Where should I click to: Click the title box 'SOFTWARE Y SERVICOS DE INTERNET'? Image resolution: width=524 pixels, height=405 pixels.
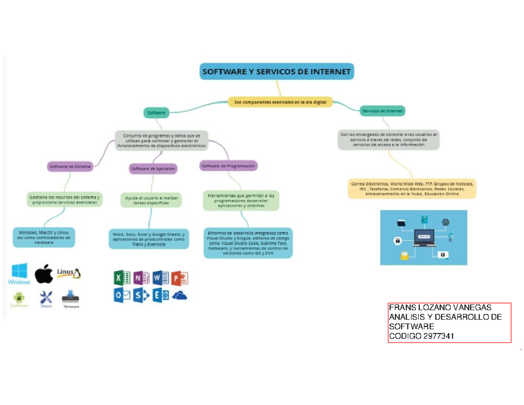click(x=277, y=72)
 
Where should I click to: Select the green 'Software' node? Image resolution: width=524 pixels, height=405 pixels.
click(x=156, y=113)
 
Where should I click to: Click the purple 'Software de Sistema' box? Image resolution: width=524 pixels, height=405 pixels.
click(x=70, y=166)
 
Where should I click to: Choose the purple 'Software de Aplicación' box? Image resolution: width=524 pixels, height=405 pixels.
click(x=153, y=168)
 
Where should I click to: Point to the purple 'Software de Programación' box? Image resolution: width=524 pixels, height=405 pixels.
click(x=229, y=166)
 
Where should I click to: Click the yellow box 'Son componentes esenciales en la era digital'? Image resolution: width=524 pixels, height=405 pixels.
click(x=280, y=102)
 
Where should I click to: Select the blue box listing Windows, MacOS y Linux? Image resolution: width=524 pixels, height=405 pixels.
click(x=44, y=238)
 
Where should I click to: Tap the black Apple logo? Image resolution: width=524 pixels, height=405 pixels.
click(x=44, y=274)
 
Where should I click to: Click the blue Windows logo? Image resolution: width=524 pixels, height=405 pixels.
click(x=19, y=273)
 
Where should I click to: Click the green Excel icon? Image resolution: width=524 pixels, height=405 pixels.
click(x=122, y=277)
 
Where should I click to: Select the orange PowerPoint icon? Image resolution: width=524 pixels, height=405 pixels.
click(x=179, y=277)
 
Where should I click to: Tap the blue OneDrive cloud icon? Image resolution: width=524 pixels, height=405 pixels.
click(x=179, y=296)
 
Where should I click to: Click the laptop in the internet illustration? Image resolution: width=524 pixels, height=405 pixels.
click(x=424, y=237)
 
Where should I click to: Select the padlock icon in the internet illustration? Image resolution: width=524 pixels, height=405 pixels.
click(x=397, y=240)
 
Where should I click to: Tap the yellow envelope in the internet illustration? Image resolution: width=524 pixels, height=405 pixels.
click(x=404, y=256)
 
